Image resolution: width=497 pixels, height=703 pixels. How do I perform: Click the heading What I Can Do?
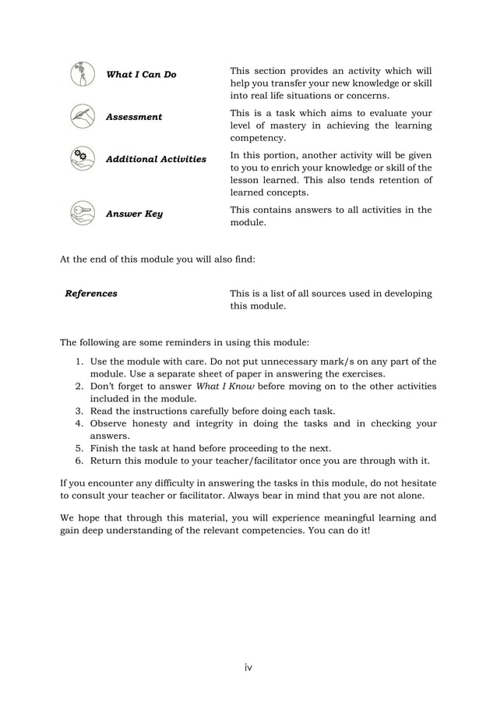(141, 75)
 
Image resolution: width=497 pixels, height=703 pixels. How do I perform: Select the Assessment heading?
(134, 117)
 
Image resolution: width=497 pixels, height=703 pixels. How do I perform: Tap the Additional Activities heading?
(156, 159)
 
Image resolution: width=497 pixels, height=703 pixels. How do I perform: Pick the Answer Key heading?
(134, 214)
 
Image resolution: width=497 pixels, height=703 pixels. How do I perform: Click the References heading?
(91, 294)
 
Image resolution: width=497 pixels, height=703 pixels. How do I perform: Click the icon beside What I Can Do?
(82, 73)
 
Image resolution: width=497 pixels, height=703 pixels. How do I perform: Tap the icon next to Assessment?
(82, 115)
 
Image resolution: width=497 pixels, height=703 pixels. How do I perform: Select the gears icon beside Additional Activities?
(82, 157)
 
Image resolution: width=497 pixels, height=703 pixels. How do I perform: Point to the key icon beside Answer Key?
(82, 212)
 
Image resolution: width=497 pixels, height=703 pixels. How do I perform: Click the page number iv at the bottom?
(248, 667)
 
